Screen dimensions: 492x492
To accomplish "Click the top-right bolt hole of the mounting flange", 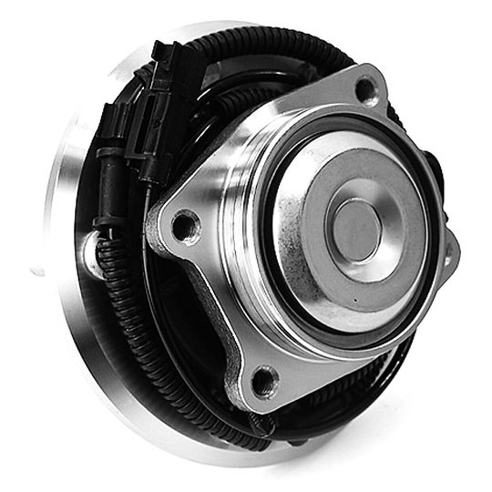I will pyautogui.click(x=366, y=89).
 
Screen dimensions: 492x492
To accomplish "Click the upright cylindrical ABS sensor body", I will pyautogui.click(x=105, y=196).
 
